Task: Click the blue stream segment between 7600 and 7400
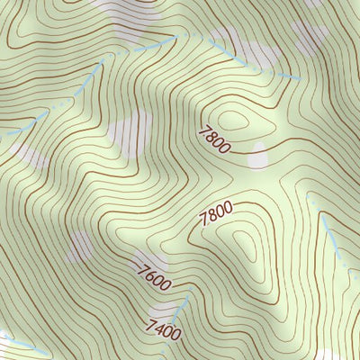pyautogui.click(x=181, y=309)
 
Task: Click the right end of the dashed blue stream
pyautogui.click(x=297, y=79)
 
